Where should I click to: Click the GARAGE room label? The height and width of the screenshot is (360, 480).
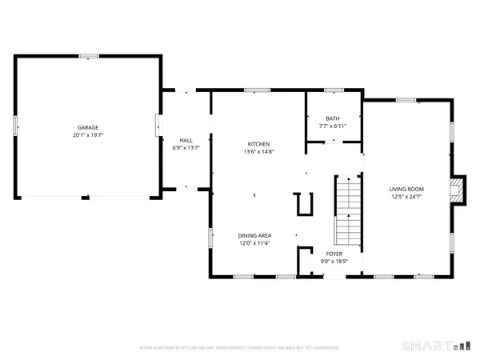[88, 127]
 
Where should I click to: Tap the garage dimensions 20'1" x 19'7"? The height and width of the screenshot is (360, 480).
[88, 135]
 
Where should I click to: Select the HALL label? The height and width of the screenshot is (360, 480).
[186, 140]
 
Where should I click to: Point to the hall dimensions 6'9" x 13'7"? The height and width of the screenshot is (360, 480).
[186, 148]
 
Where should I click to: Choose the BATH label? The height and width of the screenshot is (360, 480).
[332, 118]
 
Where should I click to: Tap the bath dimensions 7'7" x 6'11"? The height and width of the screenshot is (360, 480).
[332, 126]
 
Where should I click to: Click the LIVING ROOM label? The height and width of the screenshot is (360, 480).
[406, 188]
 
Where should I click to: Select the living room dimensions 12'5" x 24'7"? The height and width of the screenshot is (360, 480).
[406, 196]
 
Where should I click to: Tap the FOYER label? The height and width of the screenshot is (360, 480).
[334, 253]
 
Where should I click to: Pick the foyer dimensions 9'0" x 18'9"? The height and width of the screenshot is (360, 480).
[334, 261]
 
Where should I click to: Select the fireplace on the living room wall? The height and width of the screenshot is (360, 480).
[456, 190]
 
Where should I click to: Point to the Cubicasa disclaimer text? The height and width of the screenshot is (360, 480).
[240, 348]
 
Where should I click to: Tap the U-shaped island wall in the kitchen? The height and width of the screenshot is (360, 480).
[303, 205]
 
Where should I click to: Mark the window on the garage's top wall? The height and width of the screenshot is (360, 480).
[88, 56]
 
